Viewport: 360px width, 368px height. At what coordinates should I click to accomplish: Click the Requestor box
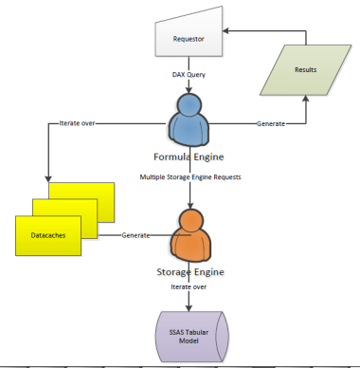tap(189, 35)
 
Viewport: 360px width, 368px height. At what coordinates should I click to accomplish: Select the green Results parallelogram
tap(305, 70)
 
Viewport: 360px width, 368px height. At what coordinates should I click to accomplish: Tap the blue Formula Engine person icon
tap(189, 120)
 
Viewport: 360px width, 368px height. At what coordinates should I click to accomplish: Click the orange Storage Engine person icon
tap(190, 235)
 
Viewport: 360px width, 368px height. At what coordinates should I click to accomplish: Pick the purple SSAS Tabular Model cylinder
tap(192, 337)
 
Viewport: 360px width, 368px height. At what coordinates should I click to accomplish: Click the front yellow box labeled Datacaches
tap(48, 235)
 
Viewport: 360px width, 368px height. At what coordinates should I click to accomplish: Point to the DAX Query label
tap(189, 75)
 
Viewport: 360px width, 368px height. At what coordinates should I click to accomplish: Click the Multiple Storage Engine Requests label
tap(190, 177)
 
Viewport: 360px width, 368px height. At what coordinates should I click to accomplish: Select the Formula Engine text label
tap(189, 156)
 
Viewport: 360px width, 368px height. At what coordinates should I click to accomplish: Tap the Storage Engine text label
tap(190, 272)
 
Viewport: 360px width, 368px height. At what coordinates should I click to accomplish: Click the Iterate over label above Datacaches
tap(77, 123)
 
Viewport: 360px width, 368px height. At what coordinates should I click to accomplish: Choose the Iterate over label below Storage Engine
tap(189, 286)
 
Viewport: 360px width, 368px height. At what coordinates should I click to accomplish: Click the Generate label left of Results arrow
tap(271, 123)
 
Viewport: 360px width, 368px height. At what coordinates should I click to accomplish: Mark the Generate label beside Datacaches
tap(135, 235)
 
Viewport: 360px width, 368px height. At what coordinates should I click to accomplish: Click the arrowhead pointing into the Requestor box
tap(225, 30)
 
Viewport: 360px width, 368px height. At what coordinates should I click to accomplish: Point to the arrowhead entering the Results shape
tap(306, 99)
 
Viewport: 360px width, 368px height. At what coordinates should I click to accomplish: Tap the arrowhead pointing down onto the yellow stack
tap(48, 178)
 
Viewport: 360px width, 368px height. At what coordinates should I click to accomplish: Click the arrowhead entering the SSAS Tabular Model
tap(189, 307)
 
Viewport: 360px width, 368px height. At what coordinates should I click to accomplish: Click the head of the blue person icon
tap(189, 104)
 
